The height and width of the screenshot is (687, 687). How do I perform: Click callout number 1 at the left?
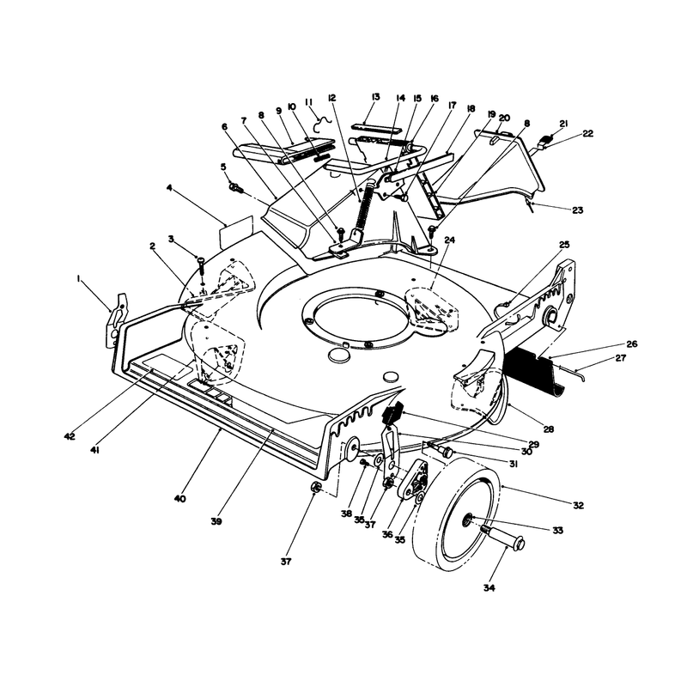click(x=79, y=277)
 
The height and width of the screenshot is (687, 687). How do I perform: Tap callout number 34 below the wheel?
click(x=489, y=588)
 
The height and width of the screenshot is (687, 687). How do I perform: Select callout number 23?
click(x=578, y=210)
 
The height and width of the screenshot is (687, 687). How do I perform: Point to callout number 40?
click(x=180, y=499)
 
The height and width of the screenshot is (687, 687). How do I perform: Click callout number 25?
click(x=565, y=244)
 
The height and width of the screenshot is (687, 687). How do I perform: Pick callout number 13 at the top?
click(x=375, y=97)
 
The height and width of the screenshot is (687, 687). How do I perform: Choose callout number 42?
click(x=70, y=436)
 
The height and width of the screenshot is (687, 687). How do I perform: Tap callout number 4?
click(x=169, y=187)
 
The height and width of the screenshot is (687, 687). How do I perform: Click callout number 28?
click(x=548, y=429)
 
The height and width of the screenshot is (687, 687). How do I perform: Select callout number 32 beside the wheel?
click(x=578, y=505)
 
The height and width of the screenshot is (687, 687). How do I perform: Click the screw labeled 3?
click(x=201, y=266)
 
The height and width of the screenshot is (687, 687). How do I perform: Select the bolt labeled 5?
click(x=235, y=188)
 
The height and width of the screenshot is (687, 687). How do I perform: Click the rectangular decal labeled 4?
click(x=236, y=231)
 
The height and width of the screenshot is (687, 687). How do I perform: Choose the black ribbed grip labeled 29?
click(x=392, y=413)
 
